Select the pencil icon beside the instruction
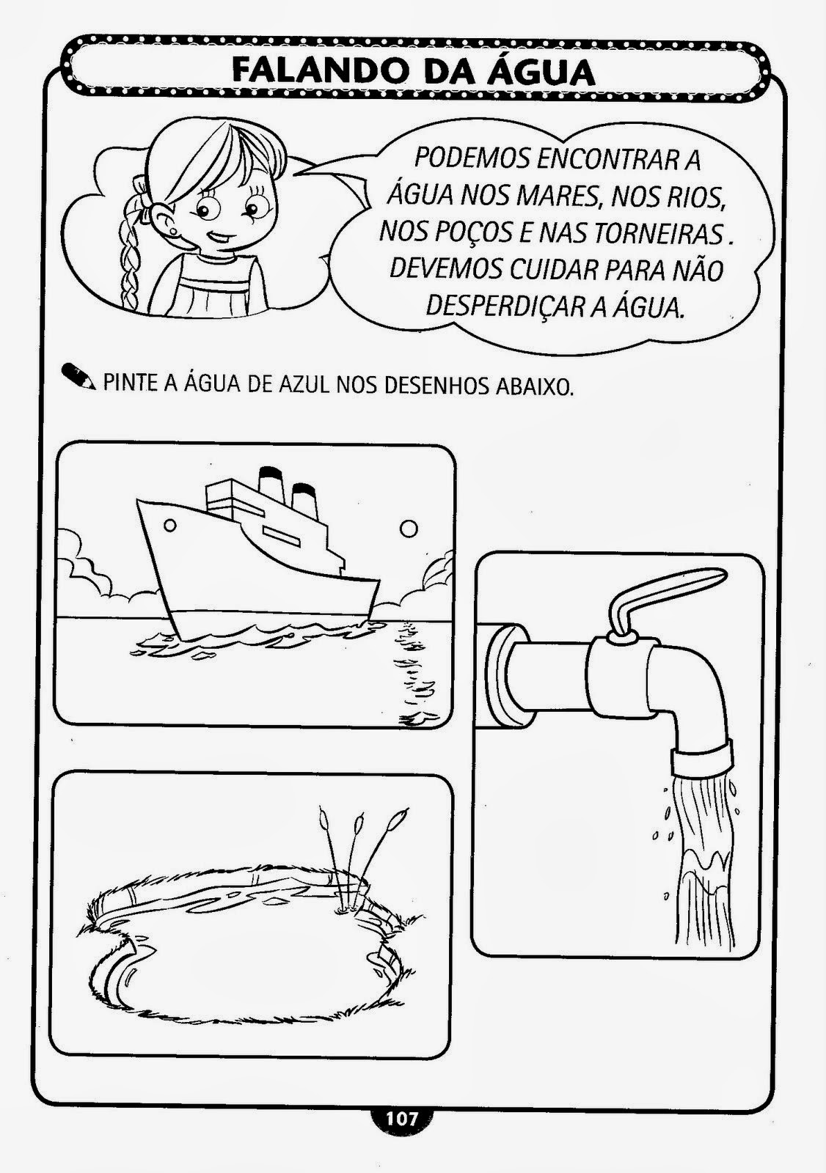(78, 376)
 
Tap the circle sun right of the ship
(408, 529)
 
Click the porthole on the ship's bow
(169, 525)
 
